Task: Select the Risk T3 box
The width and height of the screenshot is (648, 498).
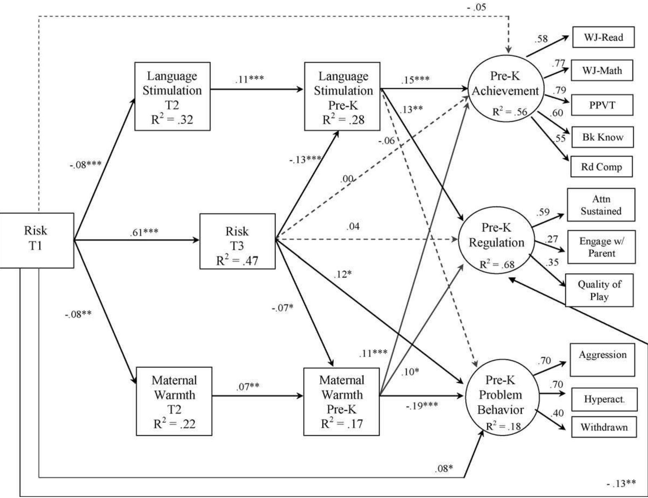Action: click(237, 241)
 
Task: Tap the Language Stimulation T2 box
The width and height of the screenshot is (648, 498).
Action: click(172, 96)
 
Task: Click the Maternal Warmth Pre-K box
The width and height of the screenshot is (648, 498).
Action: click(341, 402)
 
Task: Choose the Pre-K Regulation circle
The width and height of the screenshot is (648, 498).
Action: click(496, 240)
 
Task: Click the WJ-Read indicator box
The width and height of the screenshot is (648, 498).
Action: click(603, 37)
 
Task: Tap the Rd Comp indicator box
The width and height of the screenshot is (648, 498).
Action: click(601, 167)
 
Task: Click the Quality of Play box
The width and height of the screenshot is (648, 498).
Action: click(599, 290)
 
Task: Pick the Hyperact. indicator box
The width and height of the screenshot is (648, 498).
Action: click(604, 399)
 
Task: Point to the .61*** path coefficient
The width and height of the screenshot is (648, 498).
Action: click(144, 232)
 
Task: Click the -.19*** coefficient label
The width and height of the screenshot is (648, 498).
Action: click(422, 406)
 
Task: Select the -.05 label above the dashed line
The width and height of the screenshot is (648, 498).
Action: click(477, 7)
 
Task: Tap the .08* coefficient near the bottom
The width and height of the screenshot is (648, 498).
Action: click(444, 468)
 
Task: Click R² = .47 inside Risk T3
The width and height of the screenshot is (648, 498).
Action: click(237, 260)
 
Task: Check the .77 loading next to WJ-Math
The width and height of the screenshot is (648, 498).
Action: click(558, 64)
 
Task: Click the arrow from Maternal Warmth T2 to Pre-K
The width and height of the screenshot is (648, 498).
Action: click(257, 396)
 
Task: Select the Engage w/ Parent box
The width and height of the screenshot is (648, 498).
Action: click(601, 247)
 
